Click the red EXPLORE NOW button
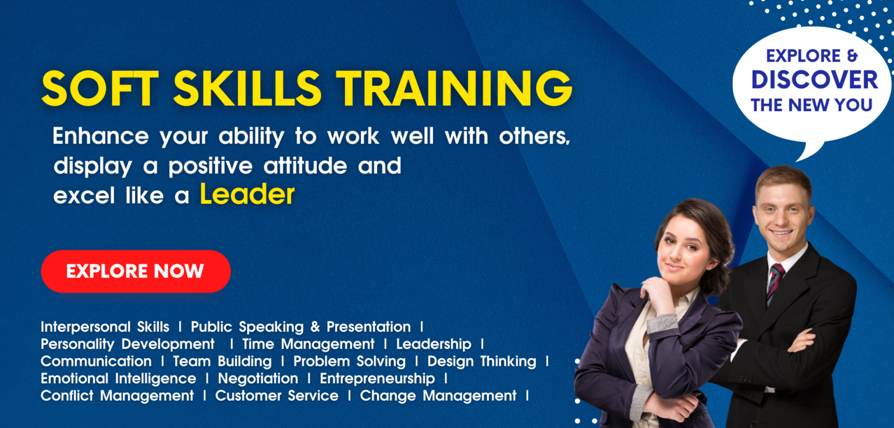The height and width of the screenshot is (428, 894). click(136, 271)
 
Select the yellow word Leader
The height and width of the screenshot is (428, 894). click(247, 195)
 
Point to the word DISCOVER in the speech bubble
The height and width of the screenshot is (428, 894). click(814, 80)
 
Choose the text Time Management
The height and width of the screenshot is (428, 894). click(308, 344)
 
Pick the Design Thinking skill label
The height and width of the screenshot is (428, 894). click(482, 361)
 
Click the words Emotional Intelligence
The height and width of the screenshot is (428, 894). click(118, 379)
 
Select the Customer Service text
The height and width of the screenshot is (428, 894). click(276, 396)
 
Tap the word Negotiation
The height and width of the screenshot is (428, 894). click(258, 379)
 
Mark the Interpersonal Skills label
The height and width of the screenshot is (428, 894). click(105, 327)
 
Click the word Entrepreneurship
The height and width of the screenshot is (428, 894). click(377, 379)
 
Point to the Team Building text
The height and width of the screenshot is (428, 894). click(222, 361)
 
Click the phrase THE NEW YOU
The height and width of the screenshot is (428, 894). click(811, 105)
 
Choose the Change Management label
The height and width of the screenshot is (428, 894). click(438, 396)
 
